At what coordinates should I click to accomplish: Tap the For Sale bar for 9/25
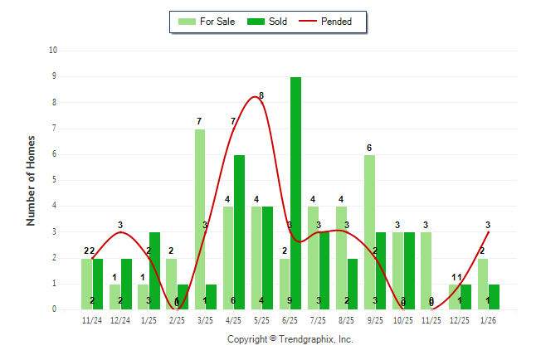pos(369,232)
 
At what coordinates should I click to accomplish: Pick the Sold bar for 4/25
pos(239,232)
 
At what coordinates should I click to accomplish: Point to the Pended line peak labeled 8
pos(256,97)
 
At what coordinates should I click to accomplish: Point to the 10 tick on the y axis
pos(53,51)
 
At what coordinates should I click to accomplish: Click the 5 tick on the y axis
pos(55,180)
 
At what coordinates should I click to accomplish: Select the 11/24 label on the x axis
pos(93,319)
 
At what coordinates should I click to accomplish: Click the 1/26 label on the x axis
pos(488,319)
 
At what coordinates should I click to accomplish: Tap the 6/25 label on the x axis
pos(290,319)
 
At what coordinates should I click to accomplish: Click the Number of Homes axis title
pos(32,180)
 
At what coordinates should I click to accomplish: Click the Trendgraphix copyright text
pos(290,339)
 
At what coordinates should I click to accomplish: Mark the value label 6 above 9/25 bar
pos(369,148)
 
